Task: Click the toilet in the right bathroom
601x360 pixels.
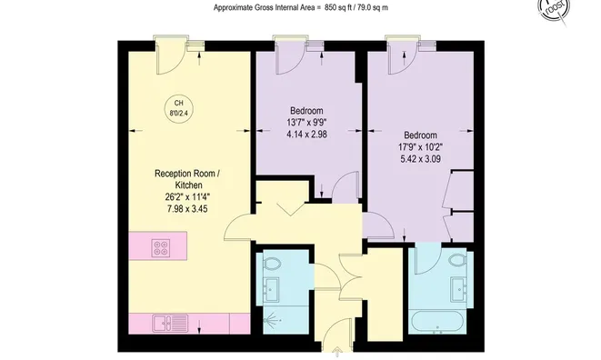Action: (x=458, y=261)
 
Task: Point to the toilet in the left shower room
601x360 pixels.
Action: (x=274, y=263)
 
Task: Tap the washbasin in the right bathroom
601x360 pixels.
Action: (x=459, y=291)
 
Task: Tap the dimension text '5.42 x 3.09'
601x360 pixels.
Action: (x=420, y=159)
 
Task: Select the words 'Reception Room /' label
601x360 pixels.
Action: (x=186, y=174)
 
